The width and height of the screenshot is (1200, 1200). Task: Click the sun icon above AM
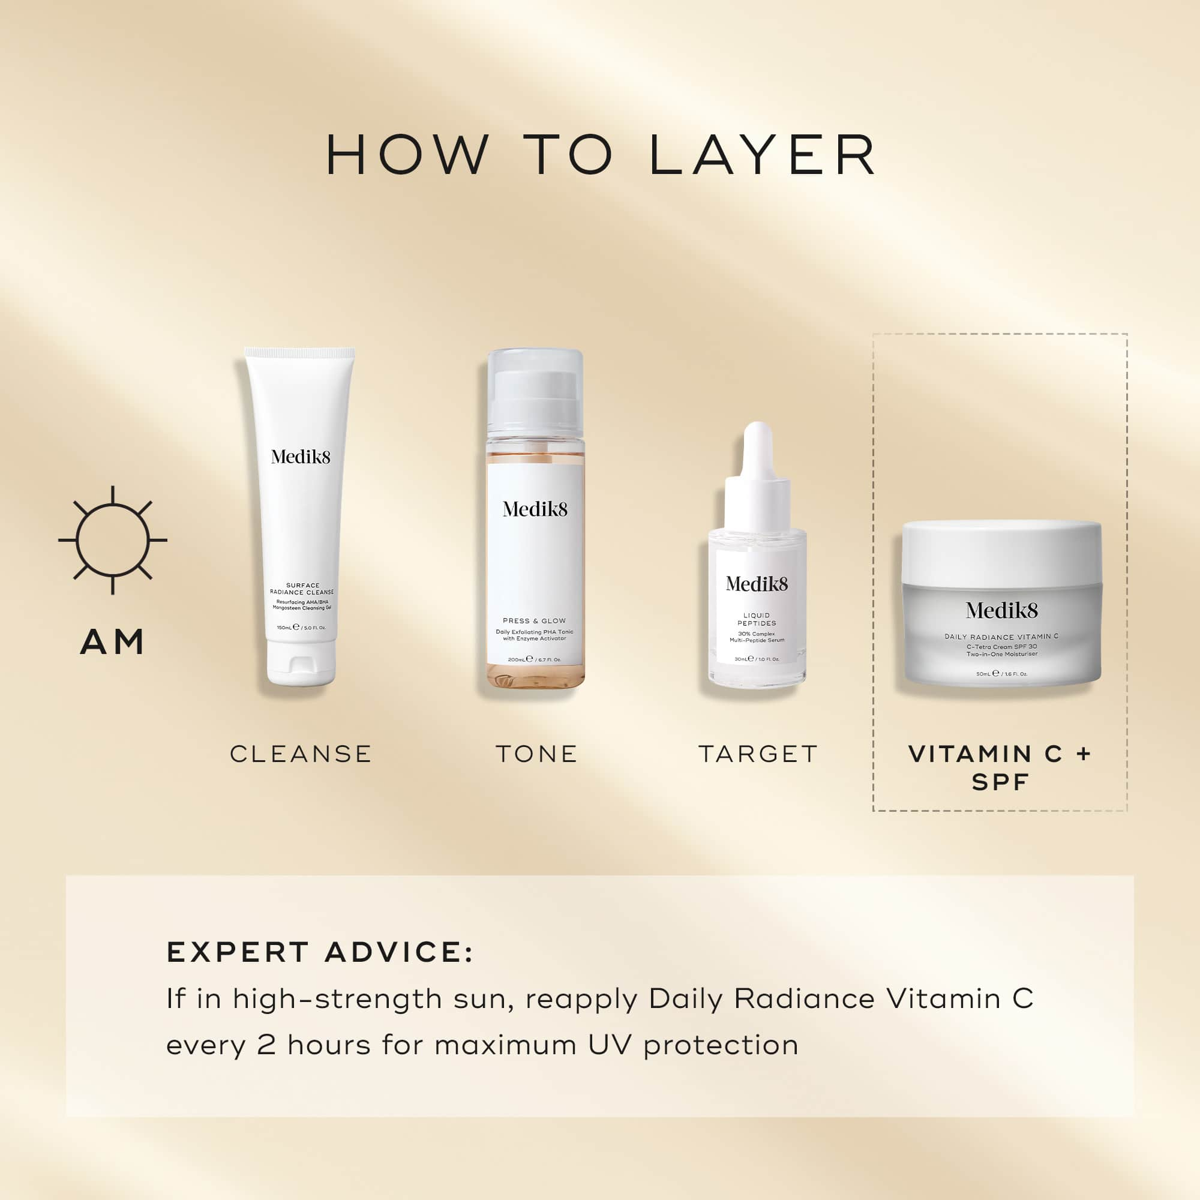[112, 541]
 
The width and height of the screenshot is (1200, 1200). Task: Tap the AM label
[112, 641]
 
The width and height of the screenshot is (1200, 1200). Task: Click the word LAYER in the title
[762, 155]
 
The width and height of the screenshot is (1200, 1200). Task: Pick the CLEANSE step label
[301, 754]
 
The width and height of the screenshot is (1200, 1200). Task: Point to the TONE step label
[536, 754]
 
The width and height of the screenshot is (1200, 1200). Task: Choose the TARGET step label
[758, 754]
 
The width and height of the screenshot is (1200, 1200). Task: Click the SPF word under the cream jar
[1000, 782]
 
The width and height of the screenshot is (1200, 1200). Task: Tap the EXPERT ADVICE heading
[320, 953]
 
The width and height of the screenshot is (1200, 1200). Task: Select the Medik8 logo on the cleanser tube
[301, 457]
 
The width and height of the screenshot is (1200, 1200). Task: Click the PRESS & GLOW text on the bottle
[534, 620]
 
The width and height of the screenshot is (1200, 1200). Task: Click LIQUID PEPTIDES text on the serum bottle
[757, 619]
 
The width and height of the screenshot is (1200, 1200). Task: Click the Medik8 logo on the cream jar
[1001, 611]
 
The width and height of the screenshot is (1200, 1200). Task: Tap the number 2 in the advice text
[266, 1045]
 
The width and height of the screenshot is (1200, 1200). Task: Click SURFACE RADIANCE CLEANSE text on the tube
[302, 588]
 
